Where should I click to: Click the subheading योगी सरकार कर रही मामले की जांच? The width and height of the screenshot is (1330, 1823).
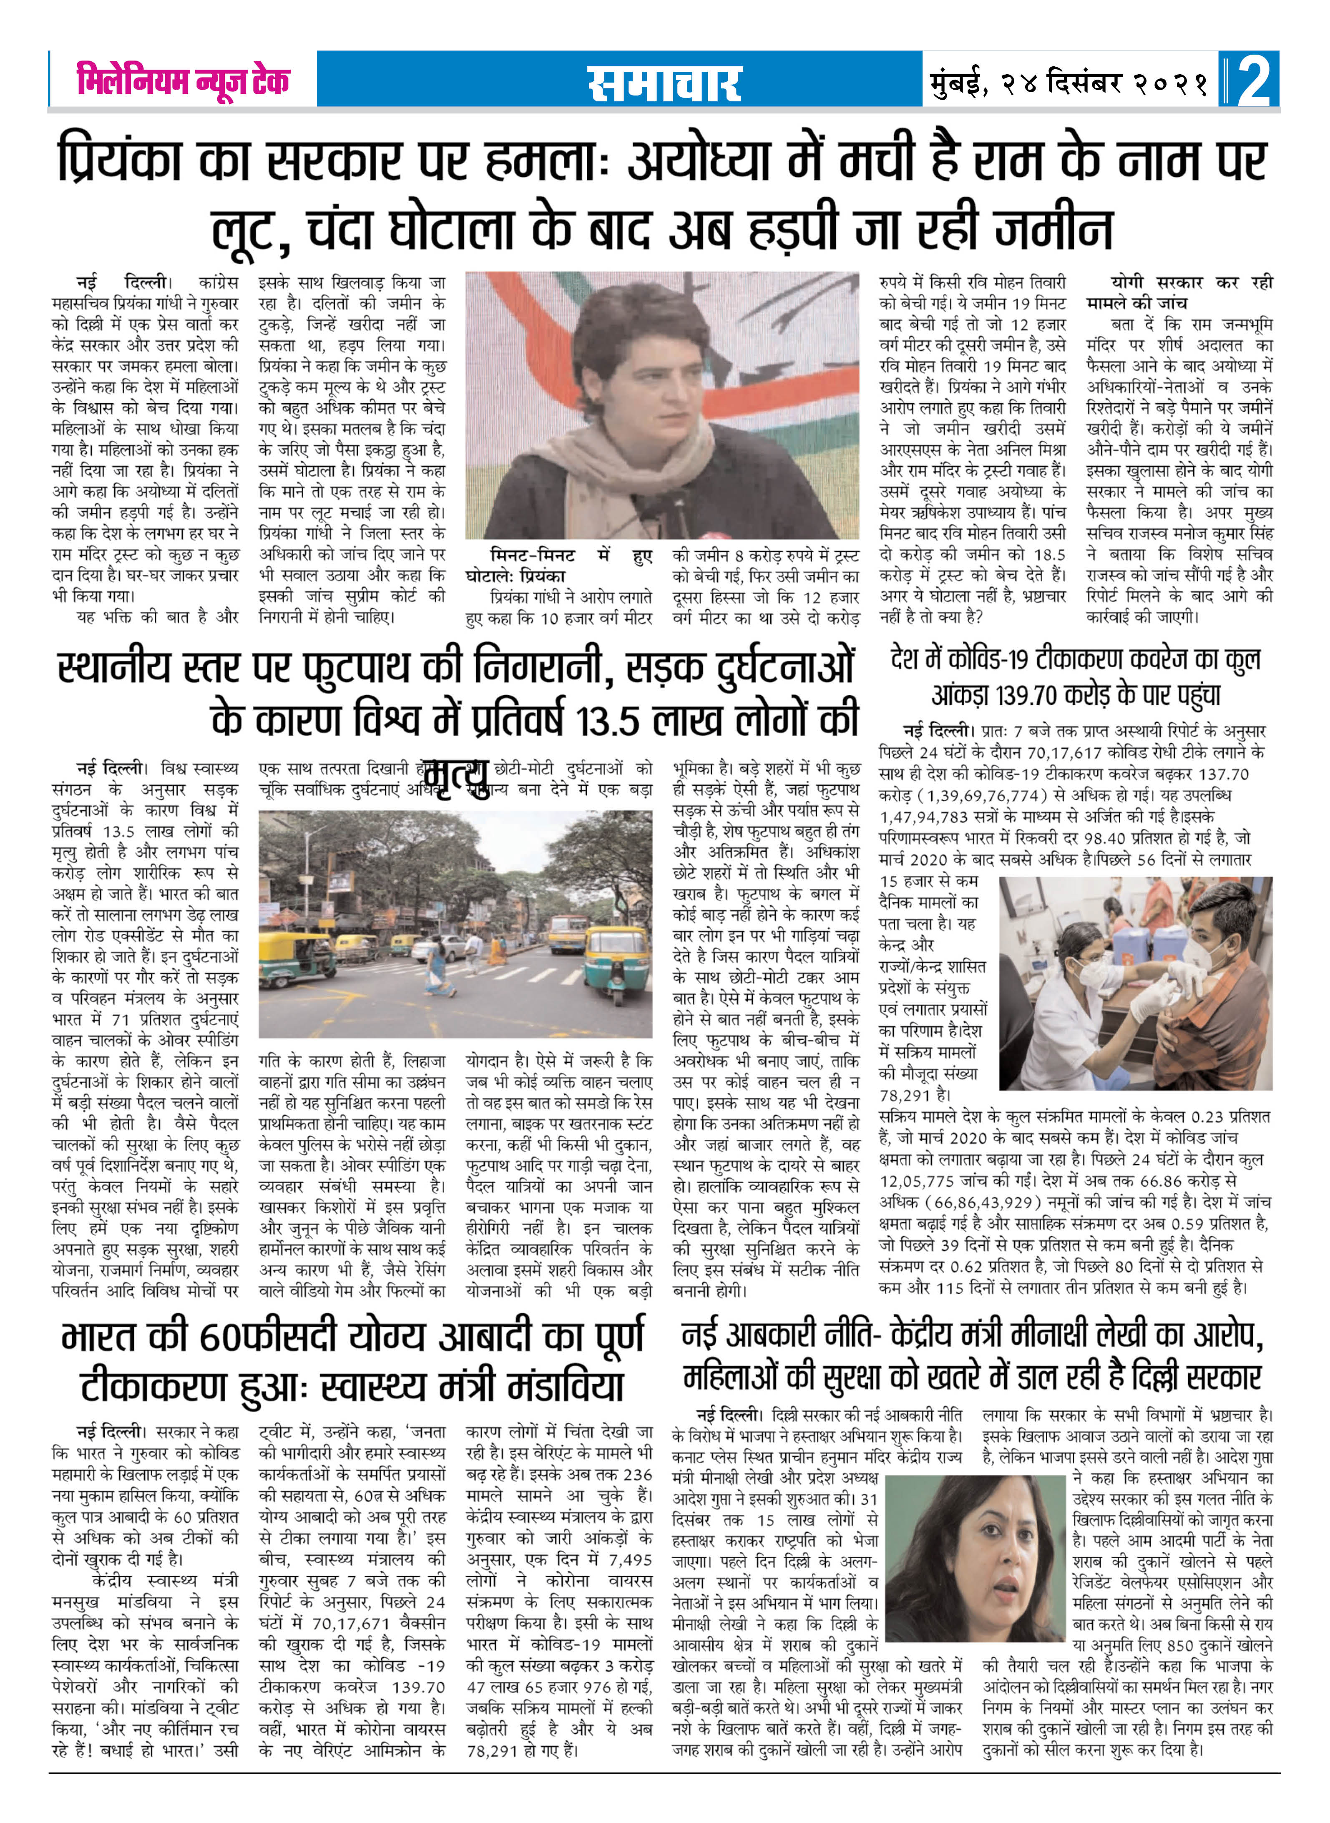pos(1179,292)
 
